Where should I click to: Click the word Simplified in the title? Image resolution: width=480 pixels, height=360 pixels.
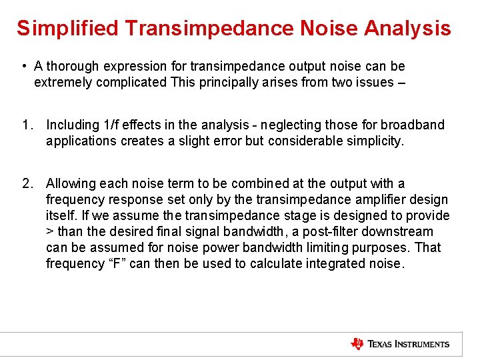click(67, 28)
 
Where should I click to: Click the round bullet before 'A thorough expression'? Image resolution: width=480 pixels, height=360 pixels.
click(23, 66)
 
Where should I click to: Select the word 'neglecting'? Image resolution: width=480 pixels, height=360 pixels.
click(290, 125)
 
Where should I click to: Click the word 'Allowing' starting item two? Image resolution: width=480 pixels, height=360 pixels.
click(71, 183)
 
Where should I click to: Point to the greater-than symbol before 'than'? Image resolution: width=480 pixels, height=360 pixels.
click(50, 232)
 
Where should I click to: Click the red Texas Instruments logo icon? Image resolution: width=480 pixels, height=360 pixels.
click(357, 344)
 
